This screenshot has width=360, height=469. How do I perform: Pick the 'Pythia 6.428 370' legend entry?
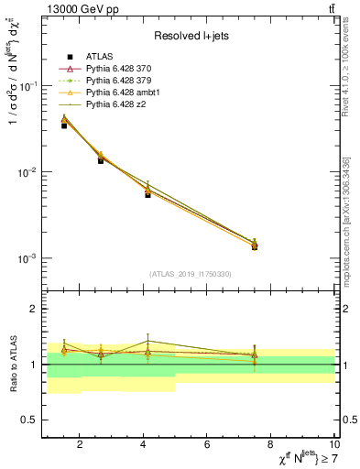(121, 70)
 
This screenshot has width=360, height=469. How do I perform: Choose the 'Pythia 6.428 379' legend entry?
(121, 82)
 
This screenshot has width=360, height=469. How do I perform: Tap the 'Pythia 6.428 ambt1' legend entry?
(125, 93)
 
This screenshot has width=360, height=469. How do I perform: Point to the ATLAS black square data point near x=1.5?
(64, 125)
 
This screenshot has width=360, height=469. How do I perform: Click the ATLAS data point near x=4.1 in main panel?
(147, 194)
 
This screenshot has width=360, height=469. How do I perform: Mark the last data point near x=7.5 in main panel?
(255, 246)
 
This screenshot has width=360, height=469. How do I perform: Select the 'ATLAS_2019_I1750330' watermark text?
(190, 273)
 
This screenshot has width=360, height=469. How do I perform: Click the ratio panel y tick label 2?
(32, 309)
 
